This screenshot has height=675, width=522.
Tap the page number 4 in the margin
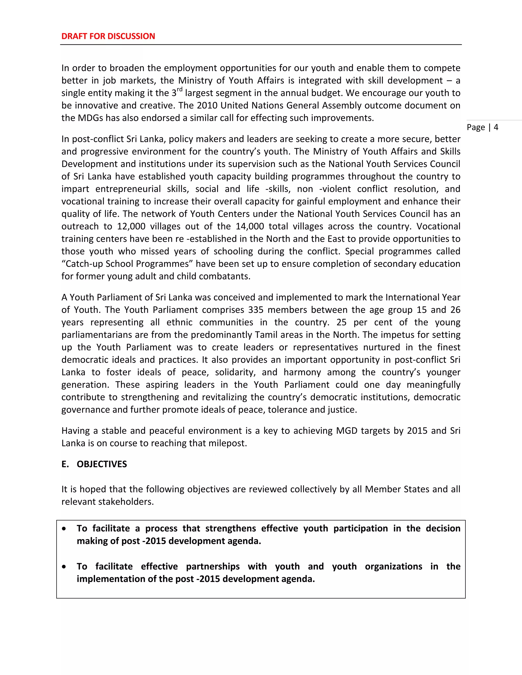(x=496, y=127)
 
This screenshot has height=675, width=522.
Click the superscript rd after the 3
(x=180, y=90)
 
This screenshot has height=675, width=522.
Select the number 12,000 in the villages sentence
(x=131, y=226)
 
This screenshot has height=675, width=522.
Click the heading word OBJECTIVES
(x=102, y=464)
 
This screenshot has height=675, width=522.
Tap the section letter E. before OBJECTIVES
(x=65, y=464)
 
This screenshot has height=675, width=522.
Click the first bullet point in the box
(x=64, y=529)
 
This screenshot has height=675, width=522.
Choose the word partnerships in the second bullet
(x=213, y=566)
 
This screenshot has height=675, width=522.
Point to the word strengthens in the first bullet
(x=230, y=528)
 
